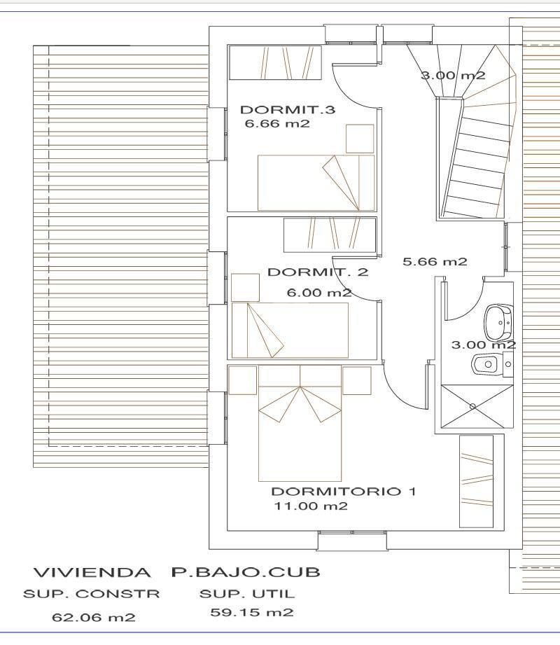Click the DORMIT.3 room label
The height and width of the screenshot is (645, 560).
tap(288, 109)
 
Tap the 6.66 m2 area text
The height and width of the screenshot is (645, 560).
tap(277, 124)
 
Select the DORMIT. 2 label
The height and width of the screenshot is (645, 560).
tap(318, 272)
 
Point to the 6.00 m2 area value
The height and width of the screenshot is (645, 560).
tap(319, 293)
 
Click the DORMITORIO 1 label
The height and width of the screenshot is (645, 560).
tap(344, 491)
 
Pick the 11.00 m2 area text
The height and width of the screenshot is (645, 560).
tap(311, 506)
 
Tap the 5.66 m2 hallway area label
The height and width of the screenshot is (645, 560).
tap(435, 262)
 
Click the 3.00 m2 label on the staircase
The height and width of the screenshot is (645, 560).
tap(453, 75)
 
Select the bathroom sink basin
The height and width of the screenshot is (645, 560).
tap(498, 321)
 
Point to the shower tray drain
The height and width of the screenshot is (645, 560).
tap(472, 406)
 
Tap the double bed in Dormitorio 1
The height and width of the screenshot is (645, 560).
tap(300, 423)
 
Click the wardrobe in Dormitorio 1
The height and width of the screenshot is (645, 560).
tap(476, 481)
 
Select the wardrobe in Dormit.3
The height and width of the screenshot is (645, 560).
tap(275, 62)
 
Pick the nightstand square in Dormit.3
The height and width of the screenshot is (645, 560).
tap(360, 139)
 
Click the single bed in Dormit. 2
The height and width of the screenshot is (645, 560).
tap(290, 331)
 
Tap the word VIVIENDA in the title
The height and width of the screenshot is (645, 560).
tap(92, 572)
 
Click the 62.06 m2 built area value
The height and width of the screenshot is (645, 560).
tap(94, 618)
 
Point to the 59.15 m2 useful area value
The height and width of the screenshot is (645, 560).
tap(252, 613)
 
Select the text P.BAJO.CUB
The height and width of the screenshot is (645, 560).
tap(246, 572)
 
